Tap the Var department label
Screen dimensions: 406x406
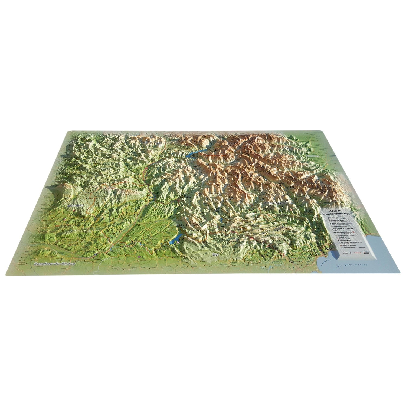[x=216, y=255]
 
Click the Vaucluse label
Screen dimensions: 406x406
[x=76, y=206]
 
